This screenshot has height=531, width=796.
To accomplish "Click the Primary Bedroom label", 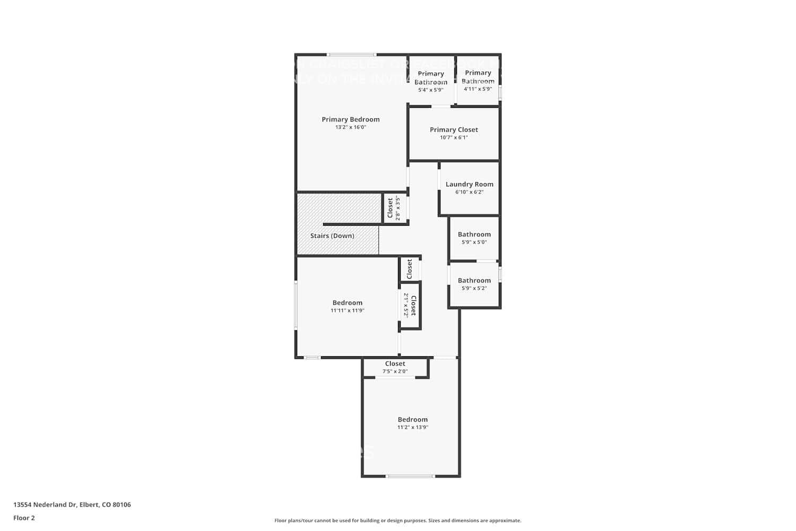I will point(350,119).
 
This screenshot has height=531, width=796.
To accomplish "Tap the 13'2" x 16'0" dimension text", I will point(350,127).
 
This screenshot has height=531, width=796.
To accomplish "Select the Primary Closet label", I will point(454,130).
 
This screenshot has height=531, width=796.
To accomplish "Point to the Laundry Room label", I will point(469,184).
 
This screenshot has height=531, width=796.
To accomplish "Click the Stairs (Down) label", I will point(332,236).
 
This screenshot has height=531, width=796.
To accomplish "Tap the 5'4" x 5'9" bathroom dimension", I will point(430,90).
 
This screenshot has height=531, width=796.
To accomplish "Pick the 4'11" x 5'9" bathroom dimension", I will point(478,89).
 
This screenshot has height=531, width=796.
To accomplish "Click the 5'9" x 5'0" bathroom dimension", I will point(474,242).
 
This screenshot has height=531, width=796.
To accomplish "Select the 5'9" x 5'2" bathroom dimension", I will point(474,288).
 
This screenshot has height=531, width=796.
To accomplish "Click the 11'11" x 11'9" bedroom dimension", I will point(347,311).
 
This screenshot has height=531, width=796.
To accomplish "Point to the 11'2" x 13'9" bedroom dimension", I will point(412,427).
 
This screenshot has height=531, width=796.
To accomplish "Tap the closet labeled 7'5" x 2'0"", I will point(395,367).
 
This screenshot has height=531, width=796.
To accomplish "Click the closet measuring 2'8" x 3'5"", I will point(393,208).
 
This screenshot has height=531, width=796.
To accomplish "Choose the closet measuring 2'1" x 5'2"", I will point(410,305).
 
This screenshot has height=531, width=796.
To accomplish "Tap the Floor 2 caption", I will point(24,518).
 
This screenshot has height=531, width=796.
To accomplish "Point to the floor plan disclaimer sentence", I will point(397,521).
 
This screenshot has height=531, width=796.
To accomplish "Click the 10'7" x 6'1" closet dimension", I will point(454,138).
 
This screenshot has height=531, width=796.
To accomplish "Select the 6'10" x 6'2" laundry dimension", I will point(469,192).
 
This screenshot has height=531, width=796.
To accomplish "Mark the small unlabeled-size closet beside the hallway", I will point(409,269).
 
